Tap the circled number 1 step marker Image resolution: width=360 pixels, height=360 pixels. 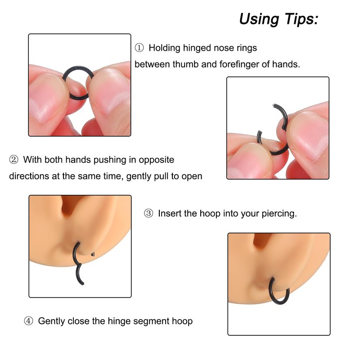[x=139, y=48]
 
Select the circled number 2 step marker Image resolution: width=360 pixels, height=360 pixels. [x=13, y=160]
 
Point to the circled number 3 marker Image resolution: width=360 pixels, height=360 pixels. [x=148, y=213]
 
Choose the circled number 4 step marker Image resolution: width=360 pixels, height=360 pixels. [x=28, y=321]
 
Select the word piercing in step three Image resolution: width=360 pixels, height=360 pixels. [x=279, y=214]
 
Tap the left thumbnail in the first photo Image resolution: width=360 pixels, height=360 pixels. [x=47, y=96]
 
